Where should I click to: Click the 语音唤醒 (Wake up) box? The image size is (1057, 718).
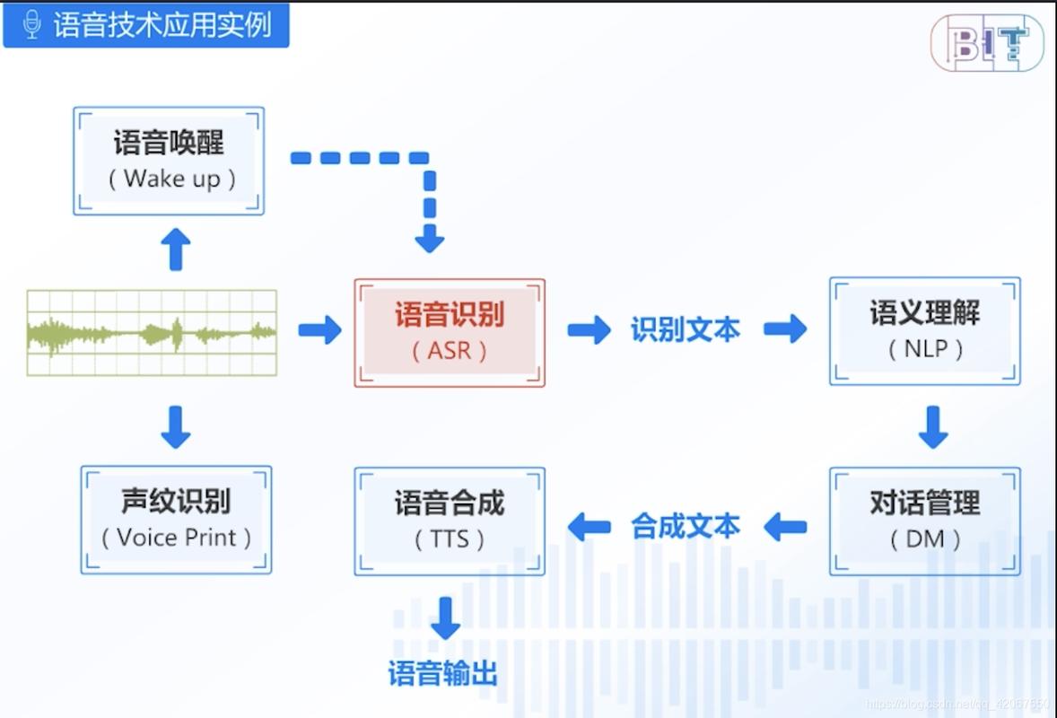tap(169, 161)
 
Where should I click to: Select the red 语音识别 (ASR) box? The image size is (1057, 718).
tap(450, 332)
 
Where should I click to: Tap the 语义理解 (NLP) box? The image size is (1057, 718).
tap(924, 330)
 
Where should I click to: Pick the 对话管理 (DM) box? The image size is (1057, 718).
tap(924, 521)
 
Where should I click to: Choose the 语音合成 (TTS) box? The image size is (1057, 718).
tap(450, 521)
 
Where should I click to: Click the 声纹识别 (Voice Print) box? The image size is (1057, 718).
tap(176, 520)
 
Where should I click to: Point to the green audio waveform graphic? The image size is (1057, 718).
tap(152, 332)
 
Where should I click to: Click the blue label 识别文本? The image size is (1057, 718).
tap(685, 330)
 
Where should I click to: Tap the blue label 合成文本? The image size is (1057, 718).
tap(685, 526)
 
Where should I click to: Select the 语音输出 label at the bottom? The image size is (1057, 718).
tap(443, 673)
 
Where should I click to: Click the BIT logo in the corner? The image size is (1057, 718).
tap(987, 42)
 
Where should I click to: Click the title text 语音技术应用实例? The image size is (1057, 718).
tap(162, 24)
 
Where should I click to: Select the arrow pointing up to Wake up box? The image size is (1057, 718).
tap(176, 249)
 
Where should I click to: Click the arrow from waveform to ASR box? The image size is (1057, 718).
tap(319, 329)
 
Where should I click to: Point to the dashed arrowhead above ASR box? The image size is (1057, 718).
tap(430, 239)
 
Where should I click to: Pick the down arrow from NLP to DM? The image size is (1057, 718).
tap(933, 427)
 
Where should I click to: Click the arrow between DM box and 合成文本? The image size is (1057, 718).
tap(785, 527)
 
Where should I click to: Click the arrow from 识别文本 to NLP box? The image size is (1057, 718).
tap(785, 329)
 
